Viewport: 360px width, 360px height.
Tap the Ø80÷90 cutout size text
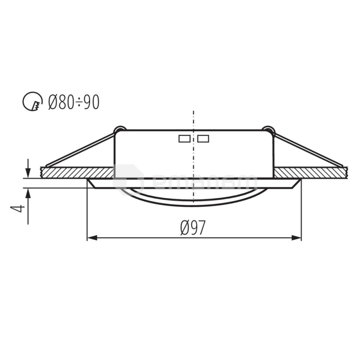point(74,102)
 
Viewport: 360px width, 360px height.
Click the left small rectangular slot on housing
point(184,139)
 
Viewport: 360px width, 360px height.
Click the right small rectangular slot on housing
point(203,139)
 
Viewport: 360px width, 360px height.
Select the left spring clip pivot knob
point(119,130)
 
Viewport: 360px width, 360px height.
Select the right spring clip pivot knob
point(268,130)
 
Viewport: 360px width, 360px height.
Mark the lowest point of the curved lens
point(193,205)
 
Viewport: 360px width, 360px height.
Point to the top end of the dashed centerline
point(193,112)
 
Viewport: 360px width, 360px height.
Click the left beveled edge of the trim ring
point(91,183)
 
